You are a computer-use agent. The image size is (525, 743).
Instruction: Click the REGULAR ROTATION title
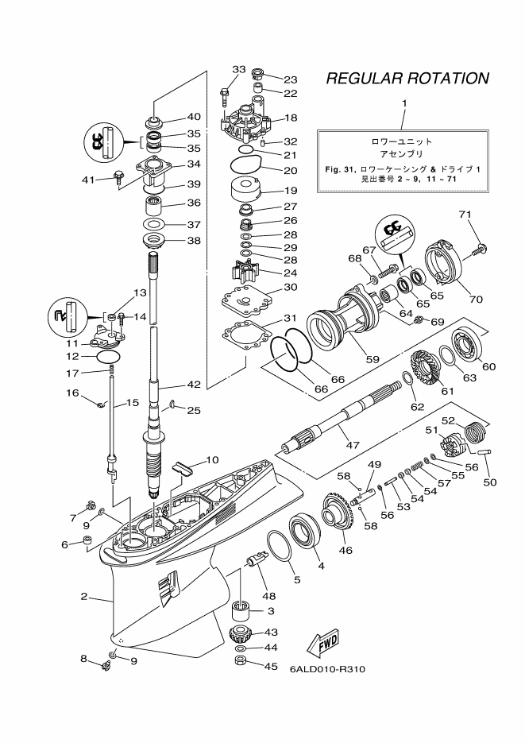[x=407, y=78]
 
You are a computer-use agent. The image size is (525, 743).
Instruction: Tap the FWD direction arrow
[x=324, y=641]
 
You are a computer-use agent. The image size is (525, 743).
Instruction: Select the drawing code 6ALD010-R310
[x=327, y=668]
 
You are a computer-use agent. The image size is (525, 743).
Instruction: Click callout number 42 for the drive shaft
[x=194, y=385]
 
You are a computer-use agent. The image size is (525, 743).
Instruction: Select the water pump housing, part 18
[x=246, y=122]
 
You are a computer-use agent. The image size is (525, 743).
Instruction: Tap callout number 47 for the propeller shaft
[x=353, y=445]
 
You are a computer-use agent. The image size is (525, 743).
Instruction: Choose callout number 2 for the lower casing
[x=83, y=597]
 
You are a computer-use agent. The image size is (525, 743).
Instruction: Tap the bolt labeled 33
[x=224, y=96]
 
